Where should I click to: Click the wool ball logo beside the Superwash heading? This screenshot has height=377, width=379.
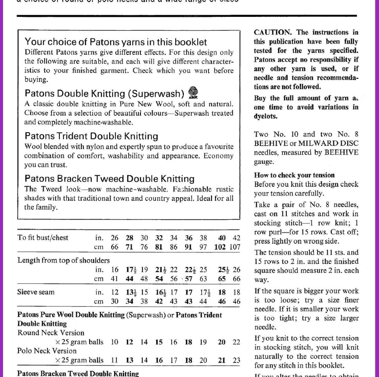(x=194, y=91)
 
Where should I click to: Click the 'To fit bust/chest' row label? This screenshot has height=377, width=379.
(x=43, y=238)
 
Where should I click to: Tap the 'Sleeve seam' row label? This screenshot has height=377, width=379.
(x=36, y=292)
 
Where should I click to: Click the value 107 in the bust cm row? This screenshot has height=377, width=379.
(x=235, y=247)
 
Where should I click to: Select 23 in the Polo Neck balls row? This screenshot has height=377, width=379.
(x=236, y=360)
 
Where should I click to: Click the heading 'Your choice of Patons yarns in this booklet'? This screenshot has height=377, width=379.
(x=116, y=42)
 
